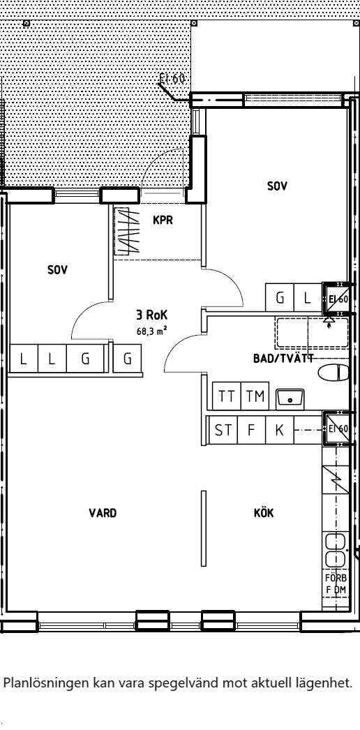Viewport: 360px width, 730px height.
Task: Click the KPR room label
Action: tap(163, 220)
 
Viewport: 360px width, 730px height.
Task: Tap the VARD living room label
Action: tap(103, 513)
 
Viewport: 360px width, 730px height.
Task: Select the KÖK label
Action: tap(264, 512)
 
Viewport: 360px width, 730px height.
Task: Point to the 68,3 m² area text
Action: tap(151, 331)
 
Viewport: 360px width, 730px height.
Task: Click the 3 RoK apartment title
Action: tap(151, 315)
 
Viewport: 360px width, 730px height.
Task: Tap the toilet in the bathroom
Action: tap(333, 373)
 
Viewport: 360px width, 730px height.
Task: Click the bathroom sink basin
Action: tap(290, 399)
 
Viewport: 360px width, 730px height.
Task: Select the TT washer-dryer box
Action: tap(227, 396)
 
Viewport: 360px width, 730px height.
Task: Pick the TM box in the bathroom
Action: tap(255, 396)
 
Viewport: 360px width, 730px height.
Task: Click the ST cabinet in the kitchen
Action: tap(223, 430)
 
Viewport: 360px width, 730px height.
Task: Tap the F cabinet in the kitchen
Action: tap(251, 430)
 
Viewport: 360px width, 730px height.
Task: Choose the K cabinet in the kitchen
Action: tap(280, 430)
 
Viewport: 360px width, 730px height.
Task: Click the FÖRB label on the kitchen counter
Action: tap(336, 578)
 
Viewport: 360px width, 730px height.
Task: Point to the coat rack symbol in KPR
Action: tap(127, 231)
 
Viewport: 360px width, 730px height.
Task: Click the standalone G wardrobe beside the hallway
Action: tap(127, 359)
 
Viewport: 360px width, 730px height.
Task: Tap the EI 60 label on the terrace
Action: tap(172, 78)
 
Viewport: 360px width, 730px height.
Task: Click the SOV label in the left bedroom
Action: tap(58, 269)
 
